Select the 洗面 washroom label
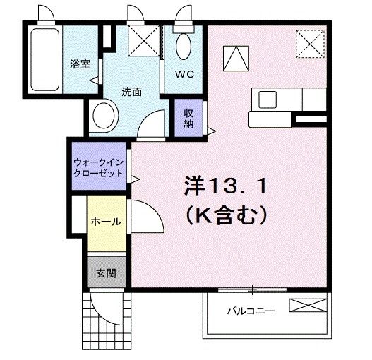tap(132, 91)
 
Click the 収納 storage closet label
tap(189, 119)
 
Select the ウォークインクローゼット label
tap(98, 167)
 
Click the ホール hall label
tap(106, 222)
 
